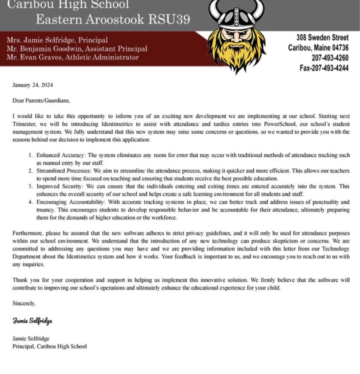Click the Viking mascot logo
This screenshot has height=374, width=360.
coord(237,35)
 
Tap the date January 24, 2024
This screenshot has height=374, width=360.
coord(33,85)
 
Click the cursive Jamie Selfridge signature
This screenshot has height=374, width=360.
coord(33,321)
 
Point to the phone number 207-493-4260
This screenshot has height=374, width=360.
coord(330,58)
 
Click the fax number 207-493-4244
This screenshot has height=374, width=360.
coord(324,68)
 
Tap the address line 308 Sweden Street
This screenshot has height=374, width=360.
coord(322,37)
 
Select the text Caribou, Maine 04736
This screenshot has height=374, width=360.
coord(318,47)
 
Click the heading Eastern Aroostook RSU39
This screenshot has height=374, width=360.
coord(113,19)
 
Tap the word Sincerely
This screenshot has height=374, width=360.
coord(24,303)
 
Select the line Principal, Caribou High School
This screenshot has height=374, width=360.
coord(50,346)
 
